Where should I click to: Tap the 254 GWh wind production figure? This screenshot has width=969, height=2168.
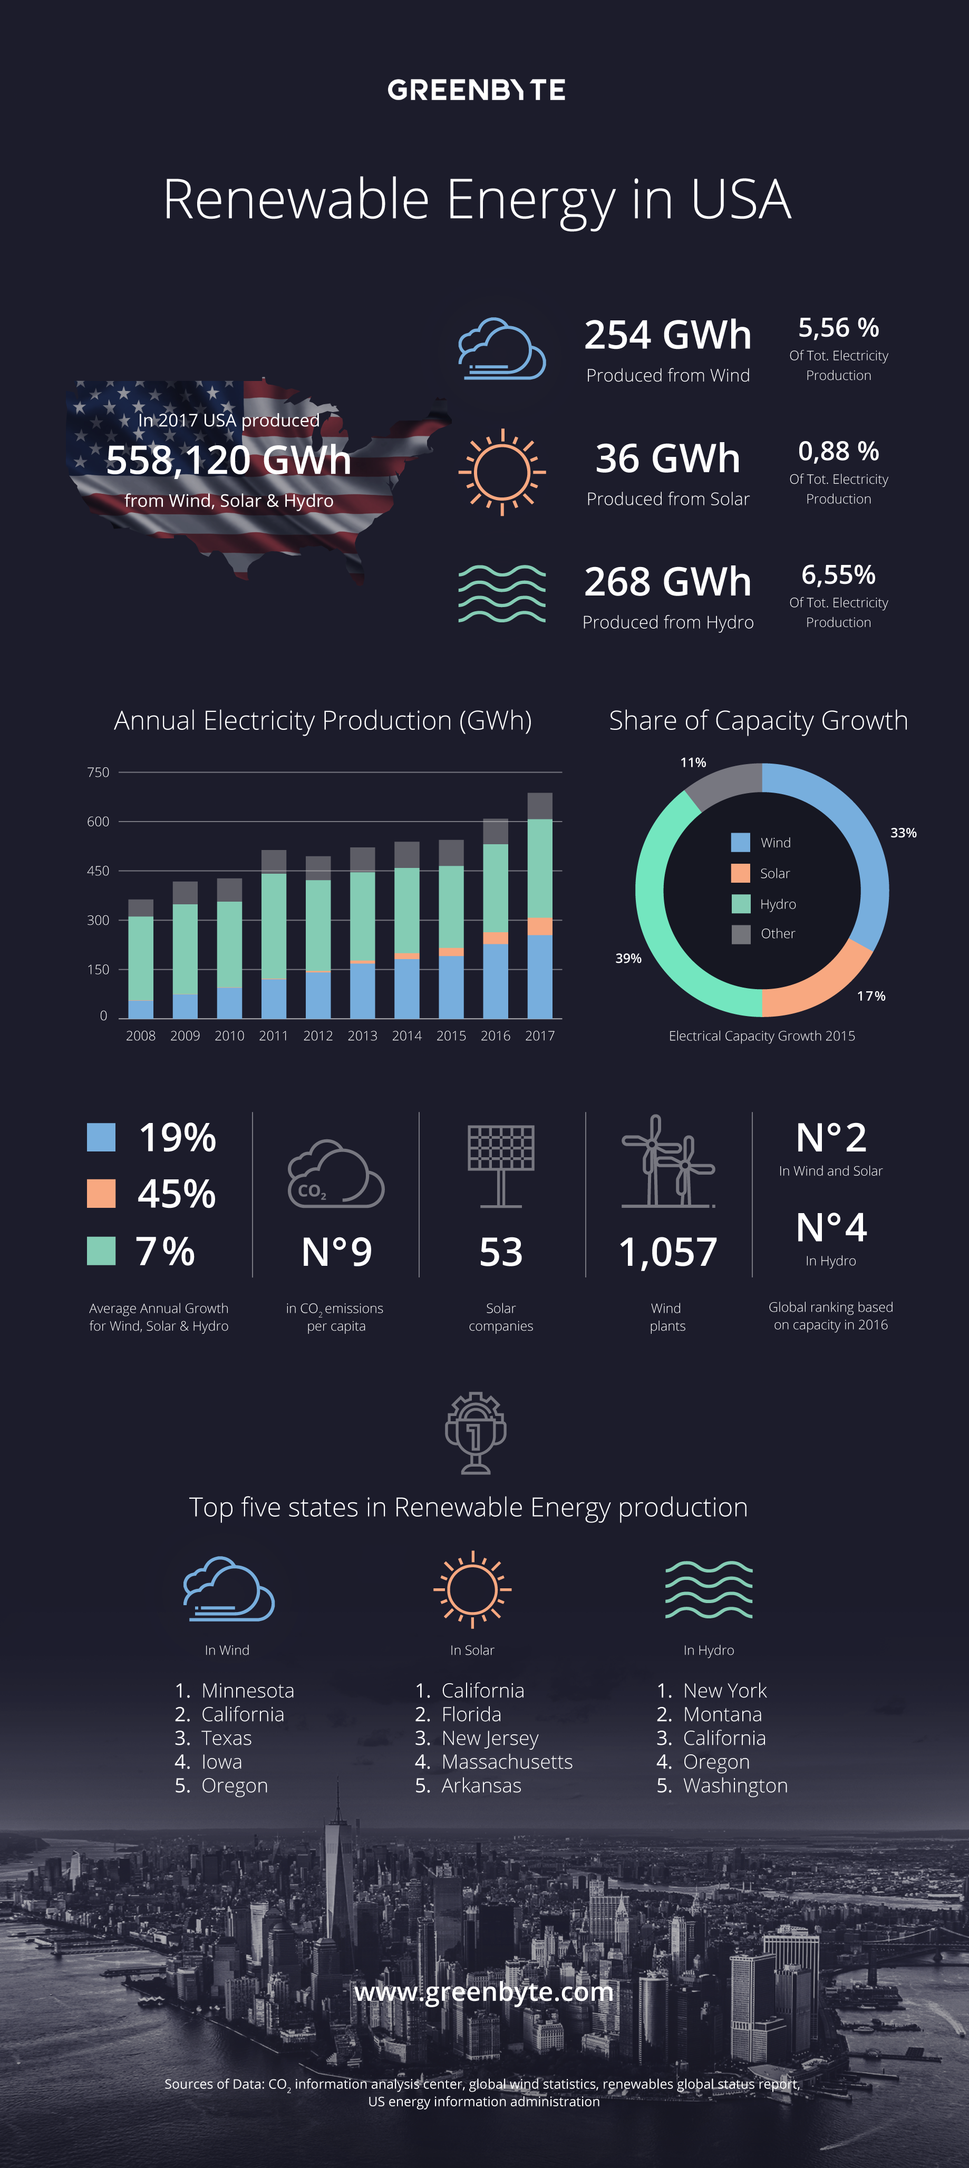667,335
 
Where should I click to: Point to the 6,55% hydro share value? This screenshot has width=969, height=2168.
838,575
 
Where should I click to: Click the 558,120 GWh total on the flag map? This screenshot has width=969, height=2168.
228,461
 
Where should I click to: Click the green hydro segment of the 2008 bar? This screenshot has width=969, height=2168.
141,957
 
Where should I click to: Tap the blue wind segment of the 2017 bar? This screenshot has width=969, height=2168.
540,976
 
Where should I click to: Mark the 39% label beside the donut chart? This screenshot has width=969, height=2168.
628,959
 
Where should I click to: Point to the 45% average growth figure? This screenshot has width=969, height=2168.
177,1194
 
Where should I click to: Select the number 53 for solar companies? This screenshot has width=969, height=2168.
501,1252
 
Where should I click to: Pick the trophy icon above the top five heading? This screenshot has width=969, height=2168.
476,1432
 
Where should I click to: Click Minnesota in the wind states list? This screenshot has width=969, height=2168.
247,1690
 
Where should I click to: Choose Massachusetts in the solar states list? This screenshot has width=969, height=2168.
507,1762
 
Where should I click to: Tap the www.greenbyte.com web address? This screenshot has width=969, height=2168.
484,1991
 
